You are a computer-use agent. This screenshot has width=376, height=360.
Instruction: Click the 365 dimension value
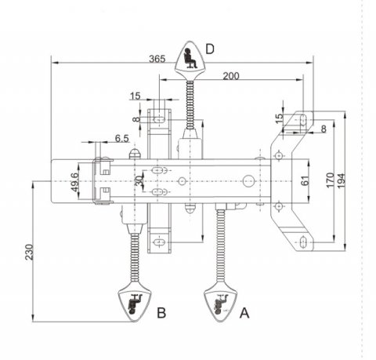tap(157, 59)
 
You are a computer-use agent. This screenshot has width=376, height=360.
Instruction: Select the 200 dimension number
tap(231, 76)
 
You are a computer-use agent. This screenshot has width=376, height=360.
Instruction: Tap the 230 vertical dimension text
tap(30, 252)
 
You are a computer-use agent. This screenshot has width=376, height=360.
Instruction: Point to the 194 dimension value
tap(342, 180)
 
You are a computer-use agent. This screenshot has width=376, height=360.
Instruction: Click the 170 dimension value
tap(331, 180)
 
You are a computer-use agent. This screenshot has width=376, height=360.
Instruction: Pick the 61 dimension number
tap(305, 181)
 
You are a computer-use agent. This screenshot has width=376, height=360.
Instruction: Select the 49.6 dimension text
tap(74, 182)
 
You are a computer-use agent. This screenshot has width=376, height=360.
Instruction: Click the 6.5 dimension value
tap(122, 138)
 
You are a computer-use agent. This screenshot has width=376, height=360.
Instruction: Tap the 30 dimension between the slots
tap(139, 180)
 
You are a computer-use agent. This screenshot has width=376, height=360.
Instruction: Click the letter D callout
tap(210, 49)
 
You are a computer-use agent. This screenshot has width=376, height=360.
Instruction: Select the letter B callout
tap(161, 312)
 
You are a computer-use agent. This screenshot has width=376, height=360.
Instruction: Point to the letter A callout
tap(244, 313)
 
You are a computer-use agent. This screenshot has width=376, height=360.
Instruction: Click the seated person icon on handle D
tap(190, 58)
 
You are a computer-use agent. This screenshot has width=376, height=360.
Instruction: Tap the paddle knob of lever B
tap(135, 301)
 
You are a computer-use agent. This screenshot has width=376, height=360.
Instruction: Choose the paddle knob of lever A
tap(220, 301)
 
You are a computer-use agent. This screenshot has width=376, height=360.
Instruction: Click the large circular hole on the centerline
tap(248, 181)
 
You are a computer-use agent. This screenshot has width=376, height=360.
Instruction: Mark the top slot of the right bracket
tap(303, 120)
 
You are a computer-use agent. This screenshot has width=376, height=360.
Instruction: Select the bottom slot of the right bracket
tap(303, 242)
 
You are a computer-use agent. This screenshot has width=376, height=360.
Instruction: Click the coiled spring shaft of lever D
tap(190, 105)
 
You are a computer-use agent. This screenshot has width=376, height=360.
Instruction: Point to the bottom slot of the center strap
tap(159, 242)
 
